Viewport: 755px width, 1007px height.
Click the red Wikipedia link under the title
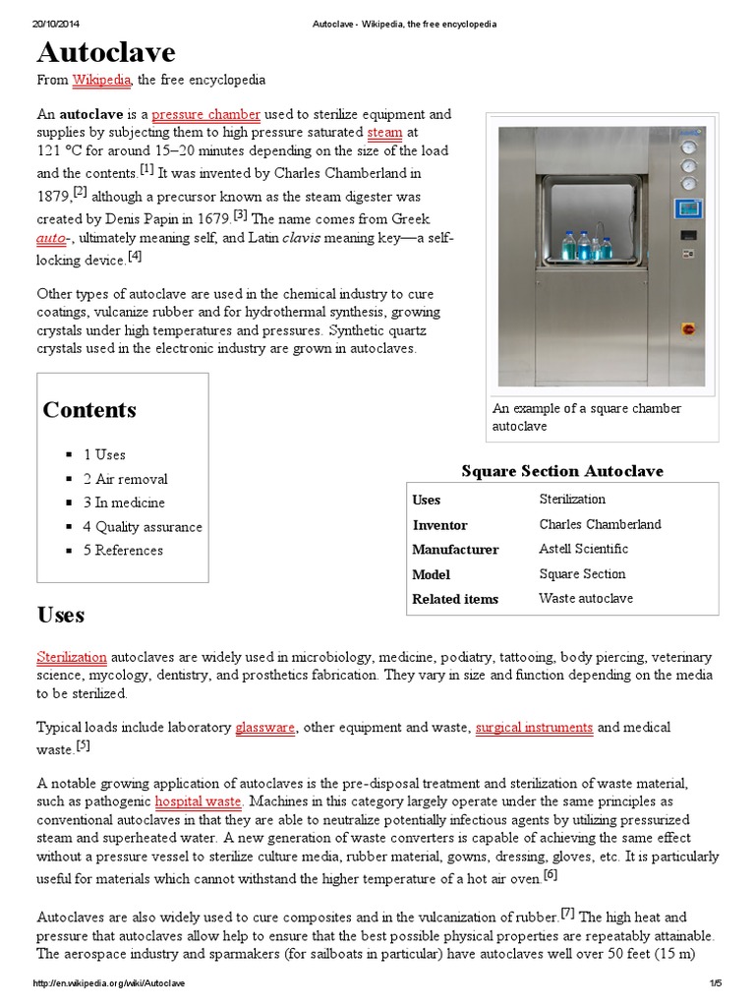coord(102,80)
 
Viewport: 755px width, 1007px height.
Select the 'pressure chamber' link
coord(205,114)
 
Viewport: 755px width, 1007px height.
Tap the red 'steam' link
coord(384,132)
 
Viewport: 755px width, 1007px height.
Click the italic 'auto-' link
coord(56,238)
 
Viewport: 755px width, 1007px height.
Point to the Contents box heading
coord(89,410)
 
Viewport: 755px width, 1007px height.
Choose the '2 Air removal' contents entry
coord(125,479)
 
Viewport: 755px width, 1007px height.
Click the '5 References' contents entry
coord(123,551)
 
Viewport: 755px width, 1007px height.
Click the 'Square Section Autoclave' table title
coord(562,471)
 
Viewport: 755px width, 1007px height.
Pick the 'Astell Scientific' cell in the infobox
coord(583,549)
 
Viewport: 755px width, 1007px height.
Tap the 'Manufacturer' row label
coord(455,550)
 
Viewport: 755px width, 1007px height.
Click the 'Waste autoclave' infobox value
coord(586,598)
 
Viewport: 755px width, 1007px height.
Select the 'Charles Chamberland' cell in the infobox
coord(600,524)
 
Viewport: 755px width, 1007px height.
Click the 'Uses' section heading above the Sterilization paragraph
coord(61,616)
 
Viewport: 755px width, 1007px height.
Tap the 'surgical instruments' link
coord(534,728)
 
